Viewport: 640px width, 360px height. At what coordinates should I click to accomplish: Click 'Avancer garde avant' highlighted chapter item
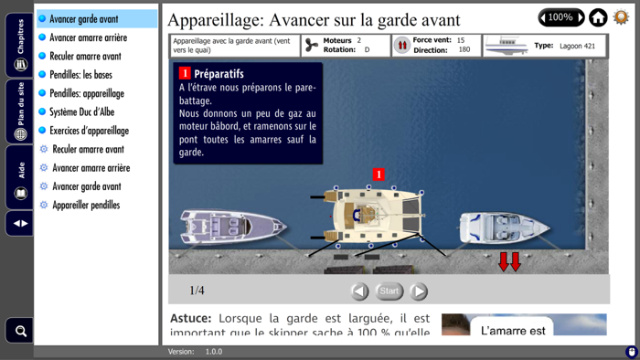pyautogui.click(x=84, y=19)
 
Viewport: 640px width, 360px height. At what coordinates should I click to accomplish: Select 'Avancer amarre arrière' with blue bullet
pyautogui.click(x=88, y=37)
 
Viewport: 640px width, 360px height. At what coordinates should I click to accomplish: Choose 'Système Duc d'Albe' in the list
pyautogui.click(x=81, y=112)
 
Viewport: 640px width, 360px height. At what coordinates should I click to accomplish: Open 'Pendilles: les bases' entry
pyautogui.click(x=80, y=75)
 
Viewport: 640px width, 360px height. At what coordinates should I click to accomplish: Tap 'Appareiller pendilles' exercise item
pyautogui.click(x=86, y=206)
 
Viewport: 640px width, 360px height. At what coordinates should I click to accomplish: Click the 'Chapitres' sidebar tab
pyautogui.click(x=20, y=45)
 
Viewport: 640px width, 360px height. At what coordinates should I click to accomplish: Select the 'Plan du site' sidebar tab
pyautogui.click(x=20, y=111)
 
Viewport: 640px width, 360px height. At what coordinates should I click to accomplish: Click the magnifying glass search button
pyautogui.click(x=20, y=330)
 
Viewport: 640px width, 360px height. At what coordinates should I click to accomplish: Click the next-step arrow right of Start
pyautogui.click(x=419, y=291)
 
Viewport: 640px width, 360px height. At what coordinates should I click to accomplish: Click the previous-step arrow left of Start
pyautogui.click(x=360, y=291)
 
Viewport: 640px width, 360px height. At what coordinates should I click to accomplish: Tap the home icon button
pyautogui.click(x=598, y=17)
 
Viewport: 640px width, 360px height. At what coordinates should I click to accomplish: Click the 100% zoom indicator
pyautogui.click(x=560, y=17)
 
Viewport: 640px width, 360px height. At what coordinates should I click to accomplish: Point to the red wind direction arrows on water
pyautogui.click(x=508, y=261)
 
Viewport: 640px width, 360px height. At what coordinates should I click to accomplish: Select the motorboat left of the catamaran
pyautogui.click(x=229, y=226)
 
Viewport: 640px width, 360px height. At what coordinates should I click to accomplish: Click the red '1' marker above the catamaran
pyautogui.click(x=379, y=175)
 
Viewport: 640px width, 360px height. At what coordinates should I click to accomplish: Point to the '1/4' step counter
pyautogui.click(x=197, y=291)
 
